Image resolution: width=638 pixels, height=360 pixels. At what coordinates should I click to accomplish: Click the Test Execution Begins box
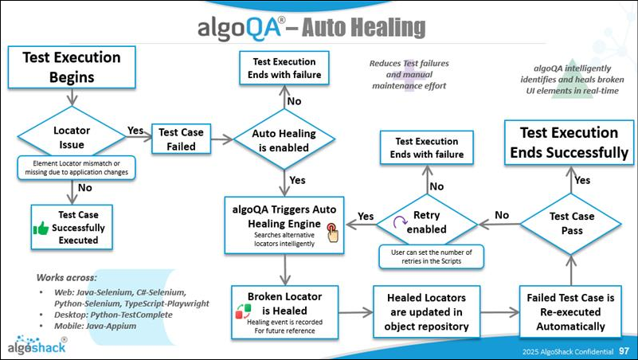tap(71, 68)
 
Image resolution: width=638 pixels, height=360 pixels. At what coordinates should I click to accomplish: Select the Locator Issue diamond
tap(71, 135)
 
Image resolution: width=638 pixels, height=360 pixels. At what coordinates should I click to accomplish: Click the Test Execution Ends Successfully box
tap(569, 143)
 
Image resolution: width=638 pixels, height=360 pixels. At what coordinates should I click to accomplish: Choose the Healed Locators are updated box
tap(426, 310)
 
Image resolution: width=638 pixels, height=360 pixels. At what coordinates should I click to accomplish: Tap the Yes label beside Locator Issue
tap(135, 130)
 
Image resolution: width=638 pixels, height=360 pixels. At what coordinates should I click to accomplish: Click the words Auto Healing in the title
tap(367, 28)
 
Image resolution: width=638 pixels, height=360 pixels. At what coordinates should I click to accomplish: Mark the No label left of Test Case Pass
tap(502, 214)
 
